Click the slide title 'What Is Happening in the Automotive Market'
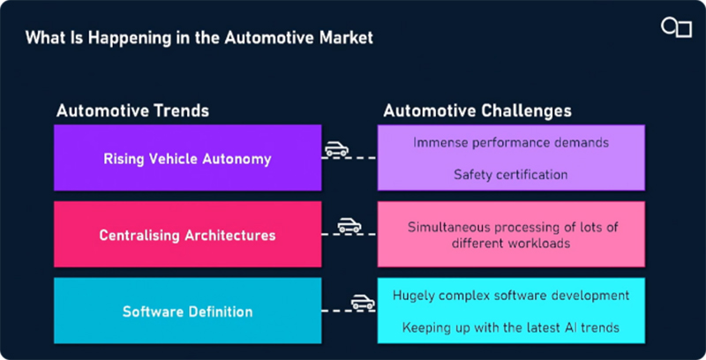coord(199,38)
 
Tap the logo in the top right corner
coord(675,27)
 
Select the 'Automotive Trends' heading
coord(132,111)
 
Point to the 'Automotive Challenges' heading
coord(477,111)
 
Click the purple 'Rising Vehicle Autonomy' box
coord(187,159)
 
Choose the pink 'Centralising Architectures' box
coord(187,235)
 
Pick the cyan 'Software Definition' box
coord(187,311)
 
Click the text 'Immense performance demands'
coord(510,142)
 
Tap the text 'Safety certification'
coord(510,174)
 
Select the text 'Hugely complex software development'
coord(510,295)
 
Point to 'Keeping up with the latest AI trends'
coord(510,327)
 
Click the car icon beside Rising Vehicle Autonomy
coord(336,148)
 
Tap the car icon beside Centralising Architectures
coord(349,225)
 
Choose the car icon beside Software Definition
coord(363,302)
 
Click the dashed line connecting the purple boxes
coord(349,159)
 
